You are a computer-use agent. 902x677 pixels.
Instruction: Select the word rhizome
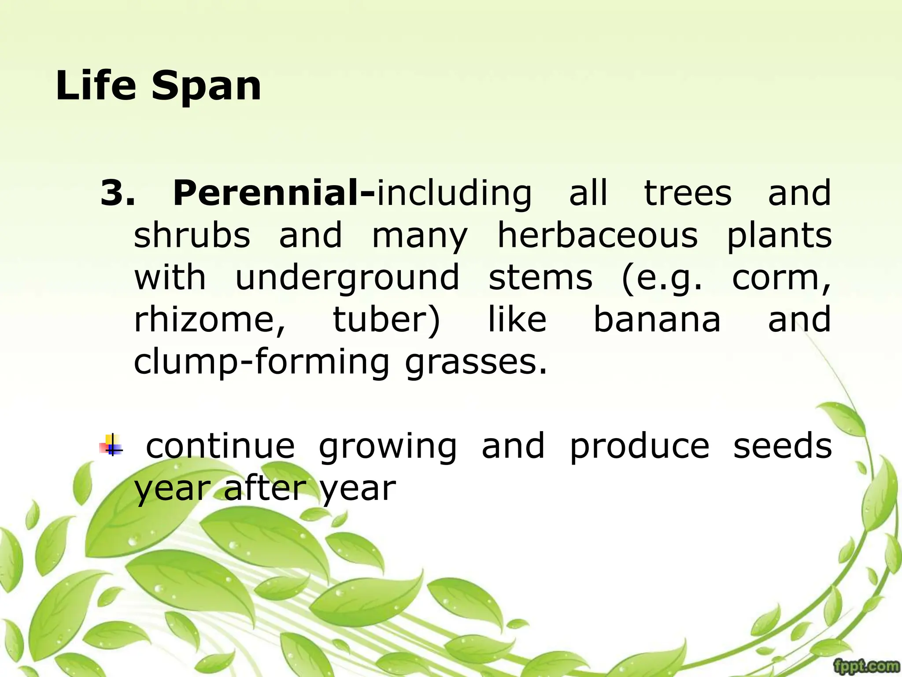point(210,319)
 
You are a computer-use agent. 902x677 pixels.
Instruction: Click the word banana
point(657,319)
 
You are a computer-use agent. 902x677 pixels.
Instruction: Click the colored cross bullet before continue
point(112,445)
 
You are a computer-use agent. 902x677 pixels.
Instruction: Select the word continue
point(220,446)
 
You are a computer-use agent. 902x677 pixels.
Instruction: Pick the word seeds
point(782,446)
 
